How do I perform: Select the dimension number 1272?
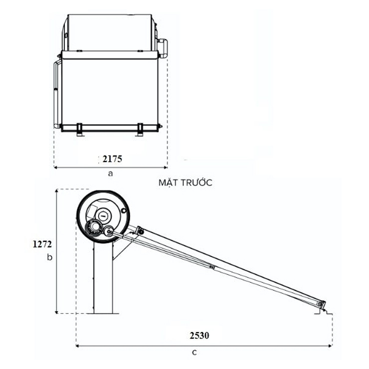click(x=42, y=244)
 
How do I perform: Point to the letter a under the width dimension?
click(x=111, y=174)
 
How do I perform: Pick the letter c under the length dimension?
click(x=194, y=352)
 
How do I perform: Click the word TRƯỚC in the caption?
click(x=196, y=183)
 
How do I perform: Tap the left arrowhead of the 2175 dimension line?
click(x=55, y=167)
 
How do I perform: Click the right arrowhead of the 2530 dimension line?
click(x=331, y=345)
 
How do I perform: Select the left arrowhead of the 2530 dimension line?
click(x=78, y=345)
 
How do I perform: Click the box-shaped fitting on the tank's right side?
click(x=162, y=47)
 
